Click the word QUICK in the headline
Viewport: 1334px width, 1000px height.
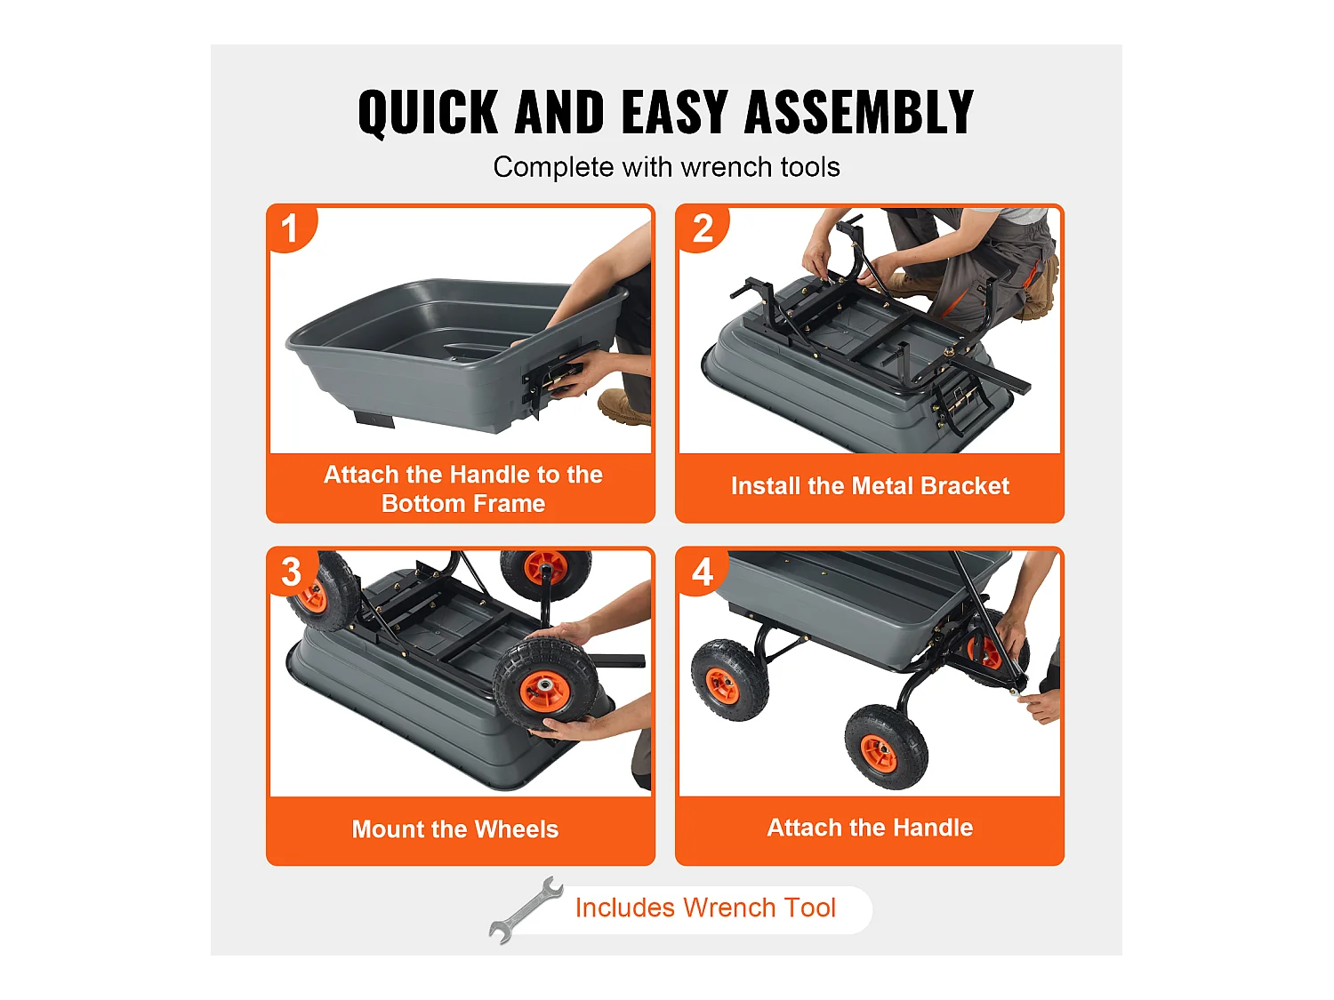coord(429,112)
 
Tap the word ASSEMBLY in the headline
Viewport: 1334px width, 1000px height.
coord(859,111)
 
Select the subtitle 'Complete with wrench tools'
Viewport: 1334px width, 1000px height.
coord(666,167)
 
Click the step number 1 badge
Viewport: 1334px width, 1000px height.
coord(291,228)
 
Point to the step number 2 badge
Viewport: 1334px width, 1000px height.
coord(702,228)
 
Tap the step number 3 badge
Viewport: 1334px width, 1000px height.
coord(291,572)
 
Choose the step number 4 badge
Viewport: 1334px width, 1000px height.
coord(702,572)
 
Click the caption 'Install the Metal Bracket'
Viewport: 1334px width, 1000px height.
coord(870,485)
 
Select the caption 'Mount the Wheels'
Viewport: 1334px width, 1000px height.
coord(454,828)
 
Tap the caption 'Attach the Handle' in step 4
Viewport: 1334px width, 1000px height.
coord(870,828)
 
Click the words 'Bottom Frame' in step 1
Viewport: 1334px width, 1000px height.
coord(463,503)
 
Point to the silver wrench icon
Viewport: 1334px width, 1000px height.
coord(526,909)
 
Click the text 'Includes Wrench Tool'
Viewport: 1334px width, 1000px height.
coord(705,908)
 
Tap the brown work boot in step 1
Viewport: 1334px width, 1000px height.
coord(625,406)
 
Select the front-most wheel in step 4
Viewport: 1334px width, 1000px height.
coord(886,746)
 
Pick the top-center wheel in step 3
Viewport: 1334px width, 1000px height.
coord(545,573)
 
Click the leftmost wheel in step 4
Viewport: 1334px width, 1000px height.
coord(729,679)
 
